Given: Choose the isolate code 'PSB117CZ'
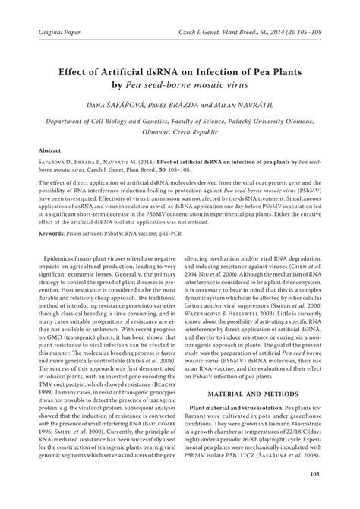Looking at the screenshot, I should [257, 466].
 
